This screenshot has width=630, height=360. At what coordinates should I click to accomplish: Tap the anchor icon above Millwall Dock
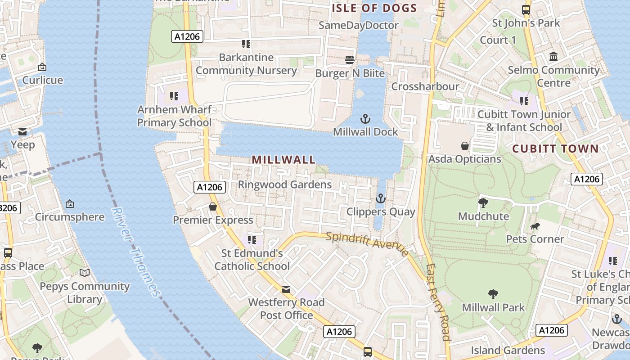pyautogui.click(x=365, y=119)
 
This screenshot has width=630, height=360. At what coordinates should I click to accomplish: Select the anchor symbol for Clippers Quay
pyautogui.click(x=381, y=198)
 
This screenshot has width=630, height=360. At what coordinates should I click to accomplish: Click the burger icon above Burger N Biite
pyautogui.click(x=350, y=60)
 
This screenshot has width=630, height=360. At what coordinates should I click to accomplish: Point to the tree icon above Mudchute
pyautogui.click(x=483, y=203)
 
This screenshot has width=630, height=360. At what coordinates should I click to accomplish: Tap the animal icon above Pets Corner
pyautogui.click(x=535, y=226)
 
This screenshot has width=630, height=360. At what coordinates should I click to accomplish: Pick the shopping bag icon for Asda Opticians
pyautogui.click(x=465, y=146)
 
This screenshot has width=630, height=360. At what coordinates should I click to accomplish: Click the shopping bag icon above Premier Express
pyautogui.click(x=213, y=207)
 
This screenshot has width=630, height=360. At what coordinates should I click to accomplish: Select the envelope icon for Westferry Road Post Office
pyautogui.click(x=286, y=289)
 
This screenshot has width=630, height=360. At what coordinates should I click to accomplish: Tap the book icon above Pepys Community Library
pyautogui.click(x=85, y=273)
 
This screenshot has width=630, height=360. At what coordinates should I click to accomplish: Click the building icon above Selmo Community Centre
pyautogui.click(x=553, y=57)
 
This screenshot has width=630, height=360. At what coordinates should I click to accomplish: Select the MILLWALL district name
pyautogui.click(x=283, y=160)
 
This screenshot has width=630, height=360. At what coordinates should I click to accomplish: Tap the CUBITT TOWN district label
pyautogui.click(x=555, y=149)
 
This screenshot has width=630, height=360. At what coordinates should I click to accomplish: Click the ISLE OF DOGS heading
pyautogui.click(x=374, y=8)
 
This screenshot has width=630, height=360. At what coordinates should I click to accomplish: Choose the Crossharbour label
pyautogui.click(x=425, y=86)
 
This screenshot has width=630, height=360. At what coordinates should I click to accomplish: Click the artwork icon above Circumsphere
pyautogui.click(x=70, y=204)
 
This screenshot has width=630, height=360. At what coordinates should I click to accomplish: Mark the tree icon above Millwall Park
pyautogui.click(x=493, y=294)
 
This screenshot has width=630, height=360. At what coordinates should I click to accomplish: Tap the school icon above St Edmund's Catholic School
pyautogui.click(x=252, y=239)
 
